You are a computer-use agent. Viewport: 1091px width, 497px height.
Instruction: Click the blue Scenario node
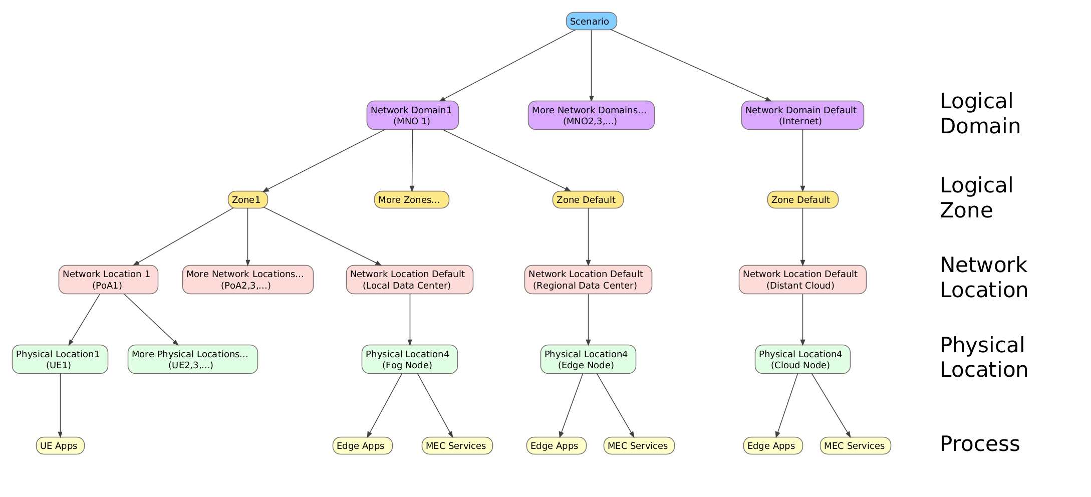pos(591,21)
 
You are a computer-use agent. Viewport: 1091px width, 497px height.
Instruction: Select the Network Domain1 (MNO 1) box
pos(412,115)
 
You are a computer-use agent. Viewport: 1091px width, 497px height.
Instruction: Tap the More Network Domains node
pos(591,115)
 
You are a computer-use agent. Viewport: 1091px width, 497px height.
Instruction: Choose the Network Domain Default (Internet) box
pos(802,115)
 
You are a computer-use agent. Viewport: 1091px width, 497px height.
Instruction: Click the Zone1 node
pos(247,199)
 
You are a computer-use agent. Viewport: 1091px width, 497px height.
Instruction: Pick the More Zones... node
pos(411,199)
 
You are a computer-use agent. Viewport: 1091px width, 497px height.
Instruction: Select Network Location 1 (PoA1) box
pos(108,280)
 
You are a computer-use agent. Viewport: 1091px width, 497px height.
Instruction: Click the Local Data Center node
pos(409,280)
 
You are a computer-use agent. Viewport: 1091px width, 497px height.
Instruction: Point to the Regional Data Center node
pos(588,280)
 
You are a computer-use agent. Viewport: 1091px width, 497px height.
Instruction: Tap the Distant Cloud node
pos(802,280)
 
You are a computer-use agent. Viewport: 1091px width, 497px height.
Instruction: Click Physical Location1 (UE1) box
pos(60,359)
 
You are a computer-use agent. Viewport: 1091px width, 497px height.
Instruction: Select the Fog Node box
pos(409,359)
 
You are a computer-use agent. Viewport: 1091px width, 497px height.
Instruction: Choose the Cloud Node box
pos(802,359)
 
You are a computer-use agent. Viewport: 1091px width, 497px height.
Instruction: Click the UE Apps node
pos(60,445)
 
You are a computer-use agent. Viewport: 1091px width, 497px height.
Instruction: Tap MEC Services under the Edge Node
pos(639,445)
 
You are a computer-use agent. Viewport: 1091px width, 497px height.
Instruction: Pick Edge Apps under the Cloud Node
pos(772,445)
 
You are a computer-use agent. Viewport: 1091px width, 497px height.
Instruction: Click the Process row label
pos(979,444)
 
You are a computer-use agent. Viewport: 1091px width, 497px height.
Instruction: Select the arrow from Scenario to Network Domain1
pos(507,65)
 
